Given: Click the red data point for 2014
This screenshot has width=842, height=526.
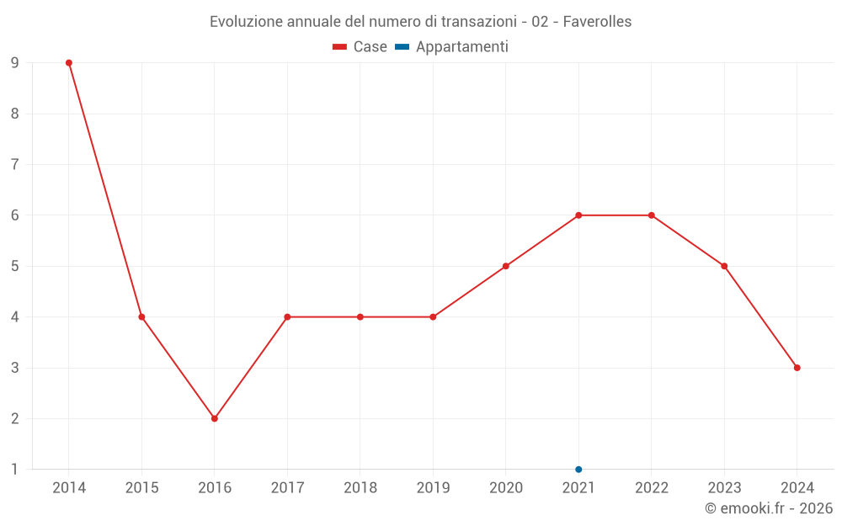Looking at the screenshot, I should (x=69, y=63).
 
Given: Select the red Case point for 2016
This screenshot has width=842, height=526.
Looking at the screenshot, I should (x=215, y=418).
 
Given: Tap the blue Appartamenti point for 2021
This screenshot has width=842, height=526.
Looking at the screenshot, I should (x=578, y=469).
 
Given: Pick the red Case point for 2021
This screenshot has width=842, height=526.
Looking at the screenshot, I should (x=578, y=215).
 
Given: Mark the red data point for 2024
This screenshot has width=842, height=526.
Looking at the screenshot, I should (x=797, y=368).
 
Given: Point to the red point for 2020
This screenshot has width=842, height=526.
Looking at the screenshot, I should (x=506, y=266).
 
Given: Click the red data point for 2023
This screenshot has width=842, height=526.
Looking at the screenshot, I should (x=724, y=266).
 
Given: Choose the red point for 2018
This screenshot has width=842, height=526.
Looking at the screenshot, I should (x=360, y=317).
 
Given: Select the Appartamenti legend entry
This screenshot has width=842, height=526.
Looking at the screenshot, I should (x=461, y=47).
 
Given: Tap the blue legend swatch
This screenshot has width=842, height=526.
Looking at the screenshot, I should (x=402, y=47).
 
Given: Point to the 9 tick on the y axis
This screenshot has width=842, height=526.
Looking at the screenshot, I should (x=15, y=63).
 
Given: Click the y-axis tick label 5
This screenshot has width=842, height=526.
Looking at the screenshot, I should (x=15, y=266).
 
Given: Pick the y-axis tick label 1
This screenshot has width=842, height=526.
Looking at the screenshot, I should (x=15, y=469).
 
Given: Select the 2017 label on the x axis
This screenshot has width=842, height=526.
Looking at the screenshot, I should (x=287, y=487).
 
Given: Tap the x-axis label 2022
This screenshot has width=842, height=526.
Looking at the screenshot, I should (x=652, y=487).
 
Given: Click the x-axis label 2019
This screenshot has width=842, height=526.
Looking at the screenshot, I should (x=433, y=487).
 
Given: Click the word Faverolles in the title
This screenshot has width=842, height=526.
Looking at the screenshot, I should (x=597, y=22).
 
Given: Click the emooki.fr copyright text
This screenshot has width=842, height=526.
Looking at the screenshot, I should (x=769, y=508).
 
